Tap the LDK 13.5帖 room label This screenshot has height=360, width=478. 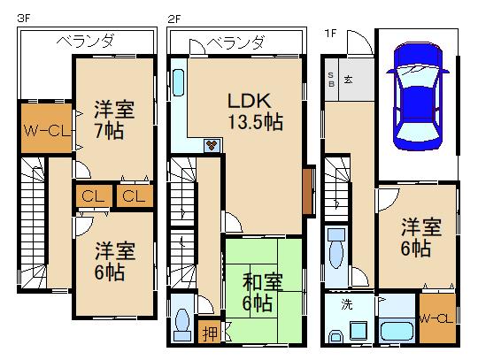tap(256, 111)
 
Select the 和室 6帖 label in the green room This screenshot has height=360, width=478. tap(263, 292)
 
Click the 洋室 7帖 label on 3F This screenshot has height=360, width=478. tap(114, 119)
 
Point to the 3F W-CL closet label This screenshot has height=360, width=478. tap(47, 131)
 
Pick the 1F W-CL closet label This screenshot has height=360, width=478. tap(436, 319)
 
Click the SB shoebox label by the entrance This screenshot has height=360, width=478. tap(331, 80)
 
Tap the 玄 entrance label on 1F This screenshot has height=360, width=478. tap(349, 80)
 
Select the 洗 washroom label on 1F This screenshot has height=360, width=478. tap(347, 304)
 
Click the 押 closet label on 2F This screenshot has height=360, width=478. tap(210, 333)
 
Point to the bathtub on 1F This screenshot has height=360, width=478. tap(397, 331)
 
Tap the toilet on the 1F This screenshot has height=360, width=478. tap(336, 249)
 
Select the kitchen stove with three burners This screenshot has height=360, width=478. tap(212, 145)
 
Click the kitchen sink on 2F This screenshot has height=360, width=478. tap(178, 82)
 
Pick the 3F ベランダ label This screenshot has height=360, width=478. tap(85, 41)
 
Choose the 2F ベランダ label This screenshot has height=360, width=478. tap(235, 42)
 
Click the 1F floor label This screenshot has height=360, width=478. tap(330, 33)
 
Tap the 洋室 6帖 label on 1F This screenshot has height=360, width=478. tap(421, 237)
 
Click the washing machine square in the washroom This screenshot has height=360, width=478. tap(358, 331)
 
